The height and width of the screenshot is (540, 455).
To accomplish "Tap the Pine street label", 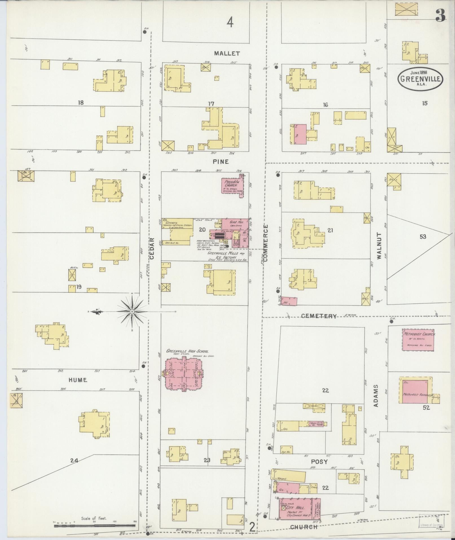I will (221, 162).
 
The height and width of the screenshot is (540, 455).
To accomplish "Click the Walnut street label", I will (379, 246).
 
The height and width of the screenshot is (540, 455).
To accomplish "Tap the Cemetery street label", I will (319, 316).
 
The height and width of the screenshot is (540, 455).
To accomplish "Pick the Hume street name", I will (78, 380).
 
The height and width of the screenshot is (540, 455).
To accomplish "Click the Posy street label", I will (319, 462).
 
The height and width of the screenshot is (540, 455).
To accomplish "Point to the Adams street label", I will (376, 395).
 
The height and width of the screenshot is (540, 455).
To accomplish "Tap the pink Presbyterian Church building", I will (232, 185).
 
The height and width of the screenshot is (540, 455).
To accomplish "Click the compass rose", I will (132, 311).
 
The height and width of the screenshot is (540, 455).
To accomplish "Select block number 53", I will (423, 237).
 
